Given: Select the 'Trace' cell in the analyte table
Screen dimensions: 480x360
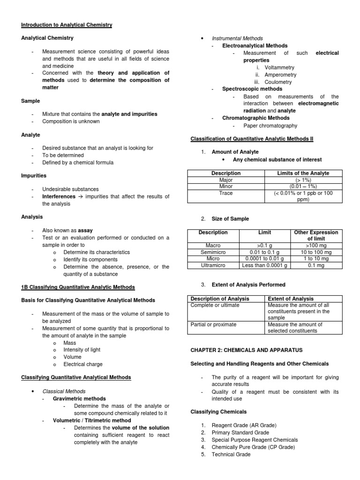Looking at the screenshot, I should [226, 193].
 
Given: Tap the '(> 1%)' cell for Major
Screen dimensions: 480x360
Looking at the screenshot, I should [303, 180].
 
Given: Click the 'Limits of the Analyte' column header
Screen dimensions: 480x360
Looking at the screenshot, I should [303, 173].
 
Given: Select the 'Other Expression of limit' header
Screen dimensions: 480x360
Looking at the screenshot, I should [315, 236].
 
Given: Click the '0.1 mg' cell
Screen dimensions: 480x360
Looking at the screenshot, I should [315, 266].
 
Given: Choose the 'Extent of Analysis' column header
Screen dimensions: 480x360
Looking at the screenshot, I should [291, 299].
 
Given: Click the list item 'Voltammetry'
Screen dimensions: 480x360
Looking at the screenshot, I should [280, 67].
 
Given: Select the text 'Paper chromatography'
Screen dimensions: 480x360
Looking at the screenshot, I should [270, 126].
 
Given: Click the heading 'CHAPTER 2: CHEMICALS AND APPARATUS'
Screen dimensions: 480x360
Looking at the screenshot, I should [246, 350].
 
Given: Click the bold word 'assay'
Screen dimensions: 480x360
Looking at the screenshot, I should [85, 231].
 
